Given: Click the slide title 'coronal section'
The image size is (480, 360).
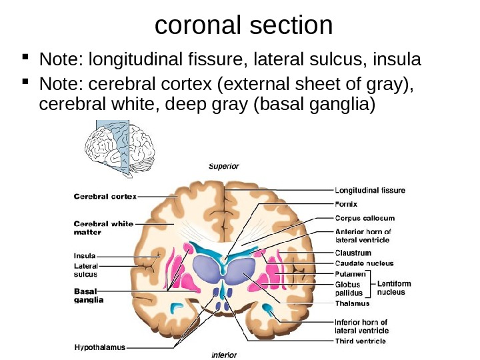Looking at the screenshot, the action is click(x=243, y=25).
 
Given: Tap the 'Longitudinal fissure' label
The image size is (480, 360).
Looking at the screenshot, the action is click(x=369, y=190).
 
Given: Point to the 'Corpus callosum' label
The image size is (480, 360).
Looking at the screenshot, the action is click(x=364, y=218).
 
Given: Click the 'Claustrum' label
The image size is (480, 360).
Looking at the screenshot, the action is click(x=353, y=253).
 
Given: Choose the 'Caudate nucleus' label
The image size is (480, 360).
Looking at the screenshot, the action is click(x=364, y=263).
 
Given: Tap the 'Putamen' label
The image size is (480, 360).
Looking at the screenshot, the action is click(x=351, y=274).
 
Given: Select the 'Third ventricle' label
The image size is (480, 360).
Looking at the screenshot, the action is click(x=360, y=341).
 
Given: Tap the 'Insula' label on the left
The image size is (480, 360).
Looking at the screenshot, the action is click(x=84, y=255).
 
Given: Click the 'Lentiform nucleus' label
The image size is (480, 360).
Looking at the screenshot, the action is click(x=395, y=288).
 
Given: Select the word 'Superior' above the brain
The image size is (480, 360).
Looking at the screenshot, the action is click(x=224, y=166).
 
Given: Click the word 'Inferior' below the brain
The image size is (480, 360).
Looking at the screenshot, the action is click(x=224, y=355).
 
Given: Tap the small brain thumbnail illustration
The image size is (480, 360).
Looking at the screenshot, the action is click(x=121, y=143).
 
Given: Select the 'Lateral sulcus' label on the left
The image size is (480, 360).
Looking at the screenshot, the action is click(x=85, y=270).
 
